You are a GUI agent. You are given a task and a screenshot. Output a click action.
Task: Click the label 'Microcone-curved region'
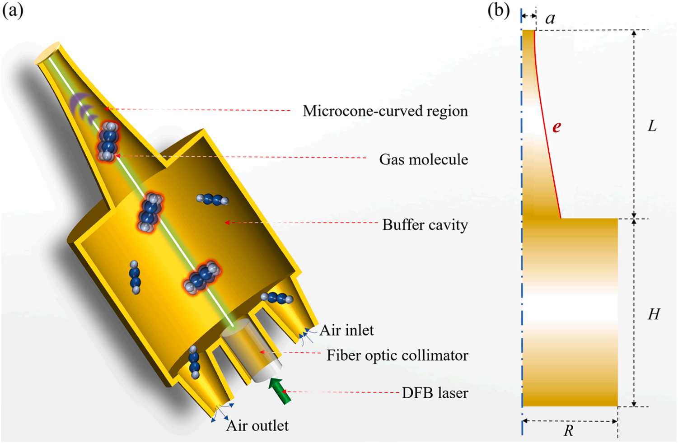click(385, 111)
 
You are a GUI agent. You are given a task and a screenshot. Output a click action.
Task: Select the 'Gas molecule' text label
click(423, 159)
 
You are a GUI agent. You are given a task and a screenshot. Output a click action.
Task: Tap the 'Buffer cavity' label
click(425, 225)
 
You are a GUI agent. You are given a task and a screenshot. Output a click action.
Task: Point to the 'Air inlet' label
click(346, 331)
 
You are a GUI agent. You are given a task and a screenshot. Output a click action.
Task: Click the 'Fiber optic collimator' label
click(397, 356)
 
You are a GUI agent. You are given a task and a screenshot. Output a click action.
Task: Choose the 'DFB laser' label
click(435, 393)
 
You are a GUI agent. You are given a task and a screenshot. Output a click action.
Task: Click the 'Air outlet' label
click(257, 426)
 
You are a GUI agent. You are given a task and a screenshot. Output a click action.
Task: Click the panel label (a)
click(13, 10)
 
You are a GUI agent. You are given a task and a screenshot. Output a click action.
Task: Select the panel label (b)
click(499, 10)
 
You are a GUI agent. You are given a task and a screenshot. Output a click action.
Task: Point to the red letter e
click(556, 127)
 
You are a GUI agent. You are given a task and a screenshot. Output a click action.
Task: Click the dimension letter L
click(652, 126)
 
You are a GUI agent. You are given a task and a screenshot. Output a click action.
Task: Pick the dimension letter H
click(654, 314)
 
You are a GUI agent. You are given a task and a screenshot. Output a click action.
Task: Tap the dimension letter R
click(568, 431)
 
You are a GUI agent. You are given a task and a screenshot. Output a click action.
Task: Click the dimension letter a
click(550, 19)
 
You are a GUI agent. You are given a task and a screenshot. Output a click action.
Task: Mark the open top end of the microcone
click(47, 53)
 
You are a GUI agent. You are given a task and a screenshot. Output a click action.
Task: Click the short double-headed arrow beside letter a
click(528, 16)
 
